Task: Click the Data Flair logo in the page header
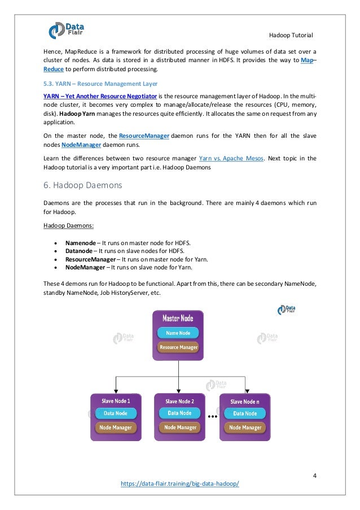point(63,29)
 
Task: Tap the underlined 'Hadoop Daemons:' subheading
point(67,226)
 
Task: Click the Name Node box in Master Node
point(178,333)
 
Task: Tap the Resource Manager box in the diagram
point(178,347)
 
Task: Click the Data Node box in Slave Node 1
point(115,413)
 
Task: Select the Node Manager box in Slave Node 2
point(179,427)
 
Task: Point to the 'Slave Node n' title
point(245,402)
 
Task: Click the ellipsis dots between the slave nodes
point(213,417)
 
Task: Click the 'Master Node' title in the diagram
point(178,318)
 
